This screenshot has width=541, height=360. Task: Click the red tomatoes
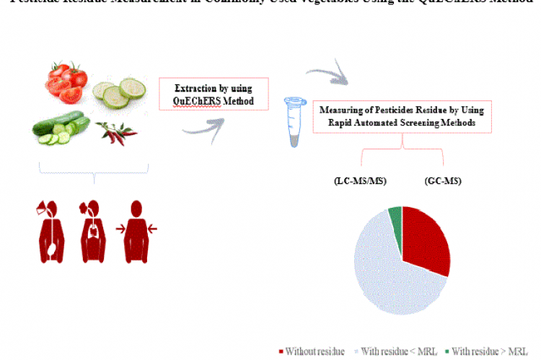click(x=66, y=80)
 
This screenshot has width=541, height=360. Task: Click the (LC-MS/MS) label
click(x=361, y=180)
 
